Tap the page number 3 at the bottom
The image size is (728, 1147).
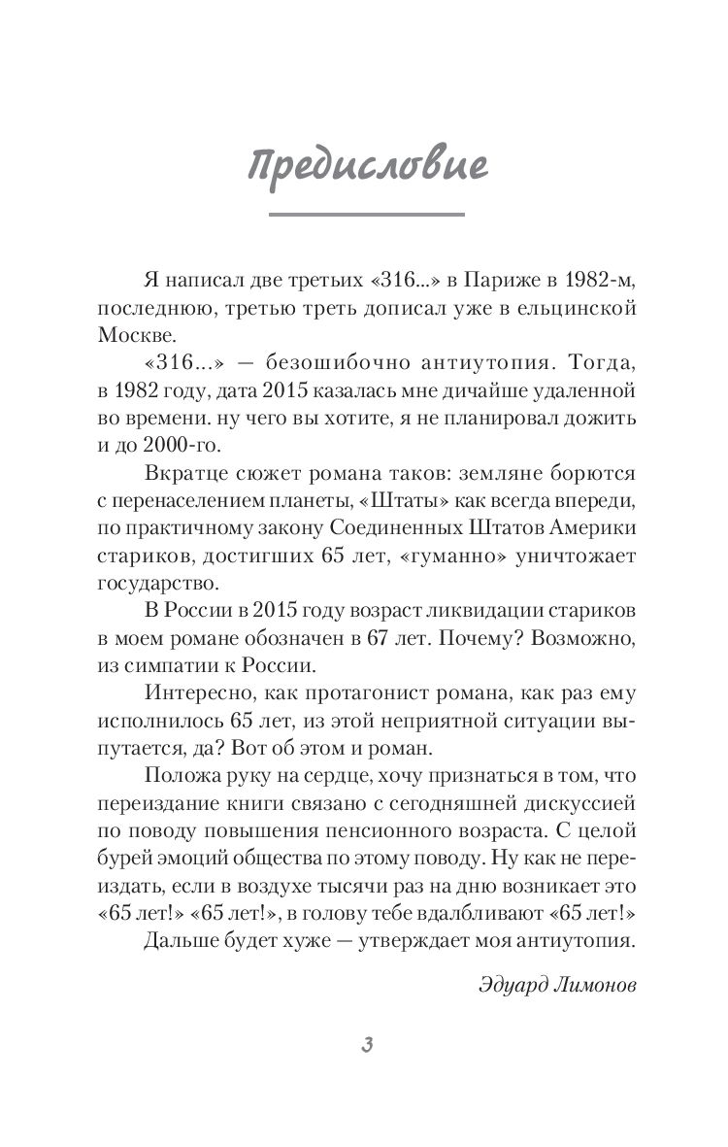[x=365, y=1044]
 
